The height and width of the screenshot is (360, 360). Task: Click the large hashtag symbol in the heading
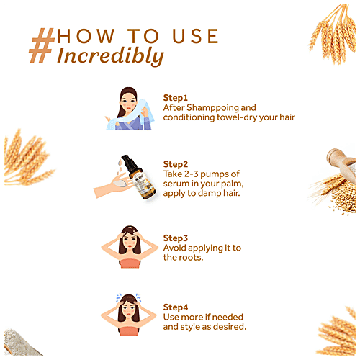click(x=41, y=45)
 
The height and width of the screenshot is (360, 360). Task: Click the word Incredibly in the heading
click(x=110, y=56)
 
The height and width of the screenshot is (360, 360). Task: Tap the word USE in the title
click(x=195, y=36)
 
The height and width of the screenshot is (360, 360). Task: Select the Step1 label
click(x=175, y=98)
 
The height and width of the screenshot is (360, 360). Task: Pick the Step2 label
click(x=175, y=164)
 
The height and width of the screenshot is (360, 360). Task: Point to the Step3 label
click(x=175, y=238)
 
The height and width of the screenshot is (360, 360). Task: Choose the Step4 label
click(x=176, y=307)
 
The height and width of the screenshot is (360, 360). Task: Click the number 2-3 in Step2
click(x=192, y=174)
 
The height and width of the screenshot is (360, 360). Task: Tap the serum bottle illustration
click(x=139, y=177)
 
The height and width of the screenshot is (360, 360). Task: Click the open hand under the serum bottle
click(x=114, y=186)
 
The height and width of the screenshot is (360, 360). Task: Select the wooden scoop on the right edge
click(x=341, y=164)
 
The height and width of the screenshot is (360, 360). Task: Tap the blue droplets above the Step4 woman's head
click(x=128, y=297)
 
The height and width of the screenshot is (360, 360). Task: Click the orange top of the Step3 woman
click(x=129, y=264)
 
